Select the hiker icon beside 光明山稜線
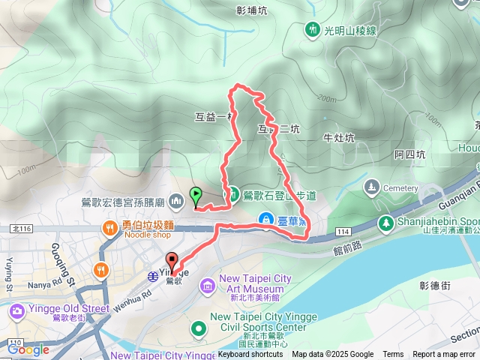(312, 30)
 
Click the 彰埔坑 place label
(251, 11)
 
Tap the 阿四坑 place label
(409, 154)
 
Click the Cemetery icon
(371, 186)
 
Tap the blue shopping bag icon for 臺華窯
(265, 218)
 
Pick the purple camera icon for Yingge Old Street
(16, 310)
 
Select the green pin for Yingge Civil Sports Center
(199, 327)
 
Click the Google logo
(28, 349)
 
